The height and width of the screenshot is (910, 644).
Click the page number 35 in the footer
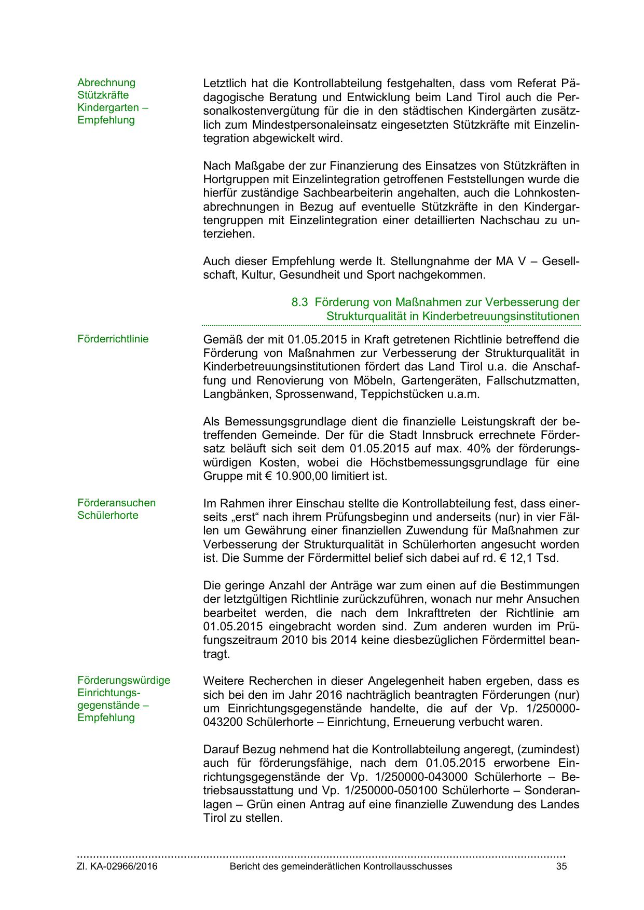click(561, 866)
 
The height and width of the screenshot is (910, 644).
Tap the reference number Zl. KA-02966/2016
click(117, 866)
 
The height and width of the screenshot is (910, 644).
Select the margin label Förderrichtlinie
click(113, 339)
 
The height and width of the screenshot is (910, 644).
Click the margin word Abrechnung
click(106, 82)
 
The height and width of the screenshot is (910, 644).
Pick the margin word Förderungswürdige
click(124, 680)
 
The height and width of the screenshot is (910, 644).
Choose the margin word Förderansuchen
click(117, 503)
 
